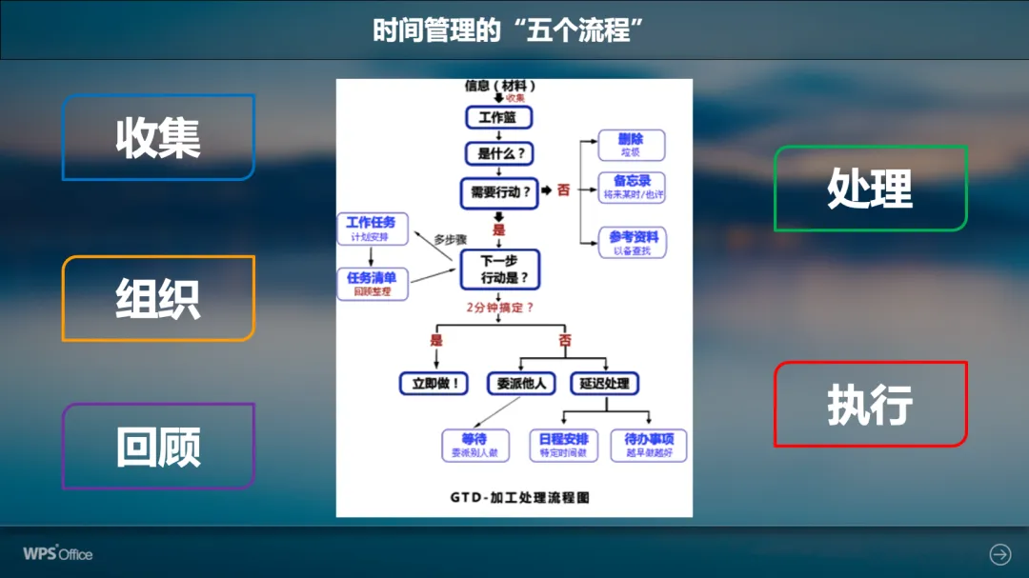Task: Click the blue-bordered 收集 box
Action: click(158, 137)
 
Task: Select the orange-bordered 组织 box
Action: click(158, 298)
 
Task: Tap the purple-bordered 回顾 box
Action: click(158, 446)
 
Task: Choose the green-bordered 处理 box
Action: click(870, 188)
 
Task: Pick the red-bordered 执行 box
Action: click(870, 404)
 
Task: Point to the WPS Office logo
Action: click(58, 553)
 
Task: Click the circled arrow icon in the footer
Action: click(999, 553)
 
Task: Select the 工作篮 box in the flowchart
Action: click(498, 117)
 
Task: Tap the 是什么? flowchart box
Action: click(498, 153)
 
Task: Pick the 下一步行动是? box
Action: click(499, 269)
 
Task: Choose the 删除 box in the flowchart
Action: click(632, 145)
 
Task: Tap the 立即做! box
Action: click(434, 384)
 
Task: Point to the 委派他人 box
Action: click(520, 384)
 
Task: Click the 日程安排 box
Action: click(563, 445)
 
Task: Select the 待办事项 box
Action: click(649, 445)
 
